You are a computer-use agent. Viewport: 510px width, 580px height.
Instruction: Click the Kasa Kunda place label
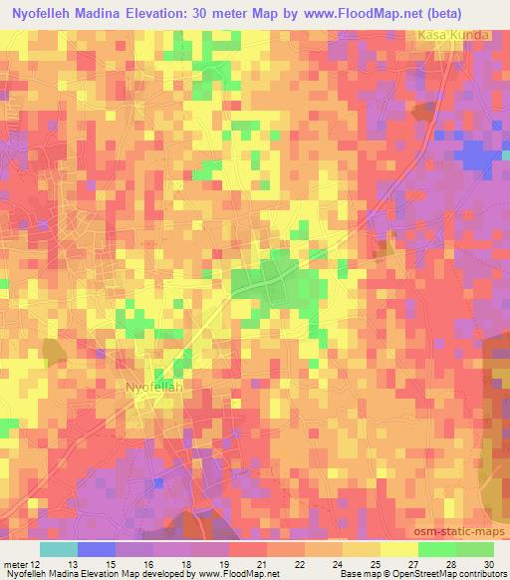click(x=454, y=35)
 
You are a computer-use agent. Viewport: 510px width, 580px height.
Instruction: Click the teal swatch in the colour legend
click(x=58, y=549)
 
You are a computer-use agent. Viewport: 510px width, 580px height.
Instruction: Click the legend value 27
click(x=413, y=564)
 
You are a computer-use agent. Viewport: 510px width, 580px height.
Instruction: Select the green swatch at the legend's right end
click(x=474, y=549)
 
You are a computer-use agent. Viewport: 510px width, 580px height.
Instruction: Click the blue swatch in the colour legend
click(x=96, y=549)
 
